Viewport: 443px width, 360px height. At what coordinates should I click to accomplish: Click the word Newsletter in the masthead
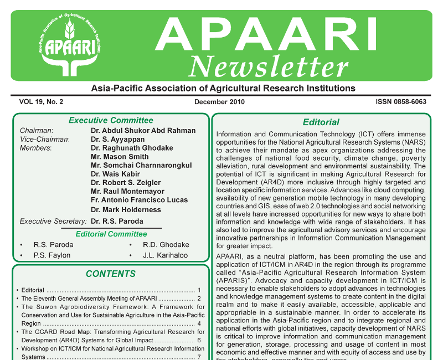pos(268,68)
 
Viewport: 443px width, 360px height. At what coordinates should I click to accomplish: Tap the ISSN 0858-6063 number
pos(400,102)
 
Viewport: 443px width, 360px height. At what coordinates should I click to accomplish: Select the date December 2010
pos(219,102)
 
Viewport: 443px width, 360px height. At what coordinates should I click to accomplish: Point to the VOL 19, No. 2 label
pos(42,102)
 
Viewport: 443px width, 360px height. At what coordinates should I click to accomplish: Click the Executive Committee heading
pos(111,120)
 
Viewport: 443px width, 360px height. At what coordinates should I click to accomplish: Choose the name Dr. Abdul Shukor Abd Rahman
pos(143,131)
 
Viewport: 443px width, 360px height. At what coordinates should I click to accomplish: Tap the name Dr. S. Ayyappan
pos(117,140)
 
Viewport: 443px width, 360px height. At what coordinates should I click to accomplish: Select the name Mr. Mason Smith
pos(120,157)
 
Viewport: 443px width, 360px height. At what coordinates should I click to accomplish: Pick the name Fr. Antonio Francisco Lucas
pos(139,200)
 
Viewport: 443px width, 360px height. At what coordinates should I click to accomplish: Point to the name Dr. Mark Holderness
pos(126,210)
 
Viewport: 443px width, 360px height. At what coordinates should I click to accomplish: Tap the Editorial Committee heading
pos(111,234)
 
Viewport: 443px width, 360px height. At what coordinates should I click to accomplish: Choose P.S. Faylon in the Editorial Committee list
pos(52,255)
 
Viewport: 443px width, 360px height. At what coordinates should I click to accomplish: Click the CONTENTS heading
pos(111,274)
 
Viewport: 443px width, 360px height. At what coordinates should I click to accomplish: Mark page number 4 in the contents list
pos(199,323)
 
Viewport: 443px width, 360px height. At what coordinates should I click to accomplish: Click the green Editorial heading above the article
pos(321,122)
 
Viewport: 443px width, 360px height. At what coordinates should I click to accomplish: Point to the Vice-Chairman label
pos(44,140)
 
